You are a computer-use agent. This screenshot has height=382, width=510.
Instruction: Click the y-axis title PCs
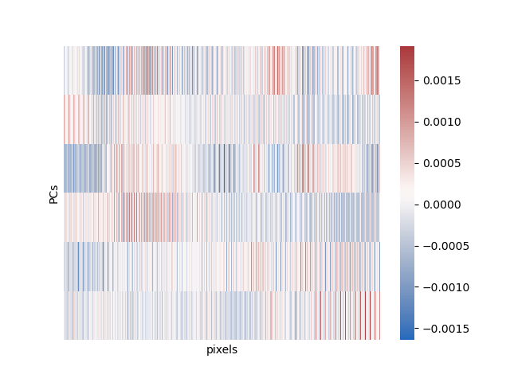pyautogui.click(x=53, y=193)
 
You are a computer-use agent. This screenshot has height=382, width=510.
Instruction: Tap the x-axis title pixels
pyautogui.click(x=222, y=349)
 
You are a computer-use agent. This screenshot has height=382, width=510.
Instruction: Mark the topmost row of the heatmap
pyautogui.click(x=222, y=70)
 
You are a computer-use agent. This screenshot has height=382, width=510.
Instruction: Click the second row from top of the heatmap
pyautogui.click(x=222, y=119)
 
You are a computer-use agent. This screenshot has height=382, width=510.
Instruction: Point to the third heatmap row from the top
pyautogui.click(x=222, y=168)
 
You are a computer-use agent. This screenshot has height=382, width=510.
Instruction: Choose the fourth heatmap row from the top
pyautogui.click(x=222, y=217)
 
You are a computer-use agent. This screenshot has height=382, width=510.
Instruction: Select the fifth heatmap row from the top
pyautogui.click(x=222, y=266)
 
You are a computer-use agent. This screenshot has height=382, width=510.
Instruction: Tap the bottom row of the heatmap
pyautogui.click(x=222, y=315)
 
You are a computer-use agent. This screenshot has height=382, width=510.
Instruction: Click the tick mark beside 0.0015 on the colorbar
pyautogui.click(x=416, y=80)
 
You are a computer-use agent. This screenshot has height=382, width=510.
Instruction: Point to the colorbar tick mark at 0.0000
pyautogui.click(x=416, y=205)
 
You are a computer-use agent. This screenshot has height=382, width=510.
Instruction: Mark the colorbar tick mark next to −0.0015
pyautogui.click(x=416, y=329)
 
